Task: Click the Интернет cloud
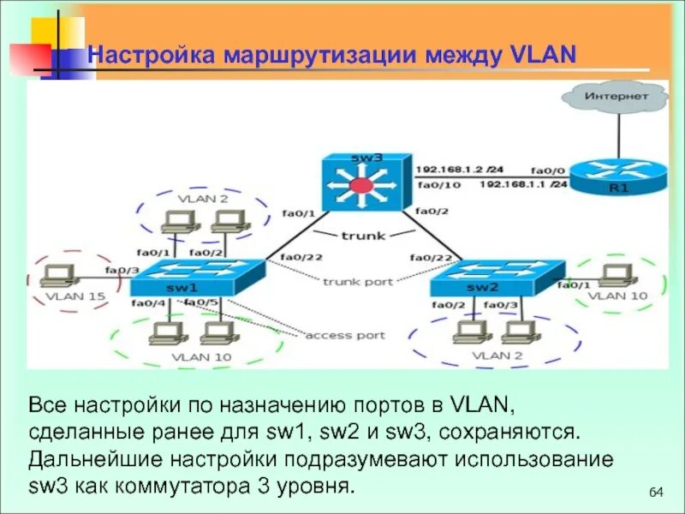616,98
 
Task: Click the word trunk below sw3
363,235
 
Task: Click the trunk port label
358,281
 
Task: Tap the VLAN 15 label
63,296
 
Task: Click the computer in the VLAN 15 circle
58,275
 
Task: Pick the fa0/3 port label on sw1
121,271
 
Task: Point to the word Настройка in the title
153,56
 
